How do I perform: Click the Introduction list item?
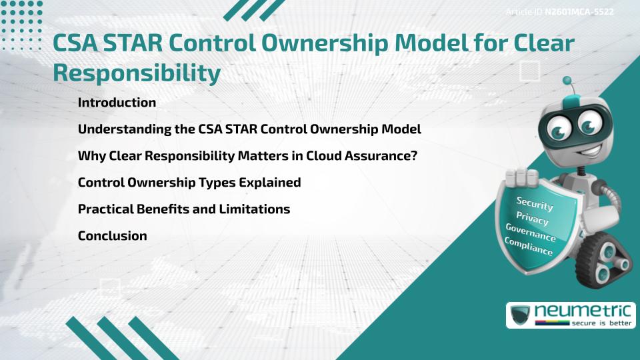[117, 103]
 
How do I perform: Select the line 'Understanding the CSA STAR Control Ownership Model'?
[249, 129]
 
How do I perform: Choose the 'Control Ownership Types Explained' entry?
[189, 183]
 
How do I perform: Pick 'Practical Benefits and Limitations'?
[184, 209]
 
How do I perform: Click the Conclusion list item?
[112, 236]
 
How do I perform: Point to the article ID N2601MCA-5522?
[579, 12]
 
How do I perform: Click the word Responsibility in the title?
[137, 73]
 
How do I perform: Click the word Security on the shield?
[535, 203]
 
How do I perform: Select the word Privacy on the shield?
[532, 218]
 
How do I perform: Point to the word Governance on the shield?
[530, 232]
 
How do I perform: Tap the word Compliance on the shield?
[529, 247]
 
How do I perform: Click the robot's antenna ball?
[567, 81]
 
